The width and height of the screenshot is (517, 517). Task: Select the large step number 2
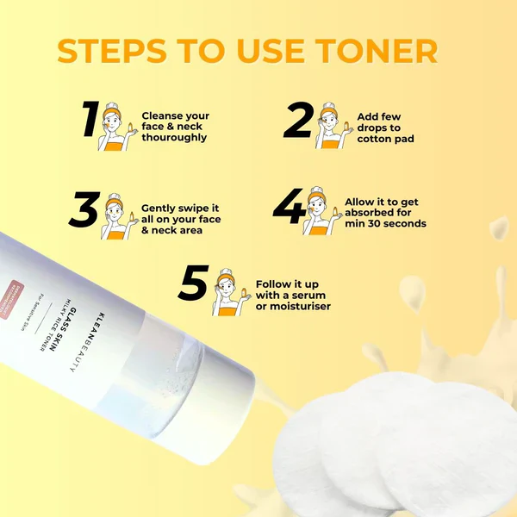pos(297,121)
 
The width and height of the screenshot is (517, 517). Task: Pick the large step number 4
pos(288,209)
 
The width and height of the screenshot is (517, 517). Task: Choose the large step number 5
pos(194,284)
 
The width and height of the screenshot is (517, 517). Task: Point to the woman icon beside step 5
pos(228,291)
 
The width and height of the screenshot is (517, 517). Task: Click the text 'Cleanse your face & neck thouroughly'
pos(175,127)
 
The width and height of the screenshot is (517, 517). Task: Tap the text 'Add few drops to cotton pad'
pos(379,127)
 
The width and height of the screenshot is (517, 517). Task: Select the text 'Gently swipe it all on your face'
pos(181,215)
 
